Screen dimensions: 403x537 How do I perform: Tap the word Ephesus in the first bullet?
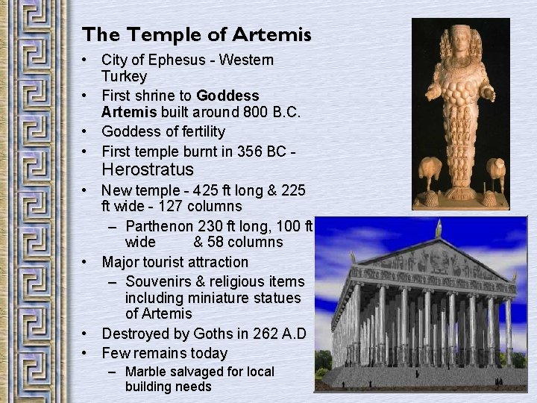click(x=164, y=60)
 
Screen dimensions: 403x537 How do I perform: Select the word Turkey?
click(x=125, y=76)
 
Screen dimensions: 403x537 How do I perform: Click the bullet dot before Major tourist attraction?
click(x=88, y=262)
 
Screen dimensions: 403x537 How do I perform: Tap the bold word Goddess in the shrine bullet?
click(x=227, y=96)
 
